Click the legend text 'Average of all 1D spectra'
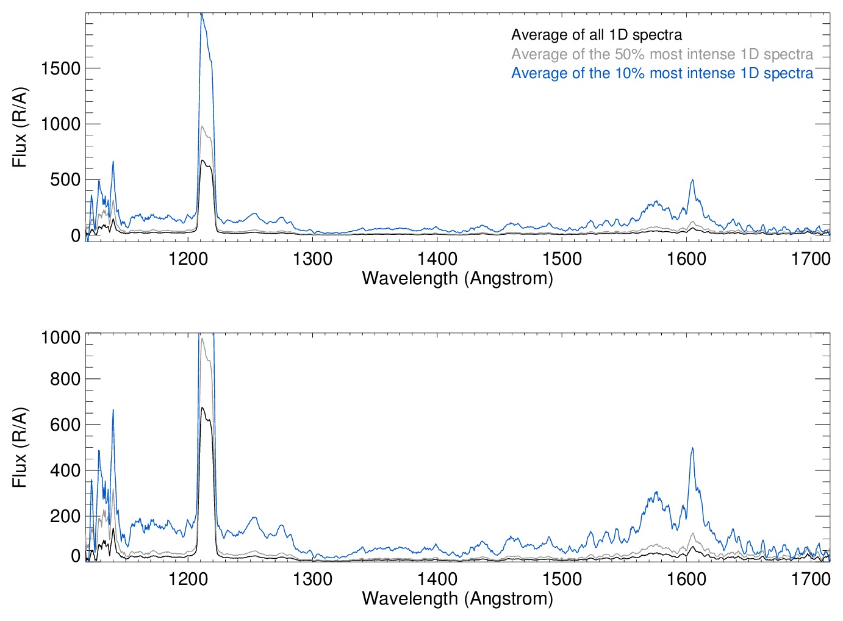click(x=596, y=35)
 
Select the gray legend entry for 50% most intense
click(x=662, y=54)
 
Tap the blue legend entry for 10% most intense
click(x=662, y=73)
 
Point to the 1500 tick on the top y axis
click(x=60, y=68)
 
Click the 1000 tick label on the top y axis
click(x=60, y=124)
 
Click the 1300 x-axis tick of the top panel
click(x=312, y=259)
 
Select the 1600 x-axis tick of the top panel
click(x=686, y=259)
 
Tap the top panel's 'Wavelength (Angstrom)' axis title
click(x=457, y=278)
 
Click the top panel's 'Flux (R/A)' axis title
click(x=20, y=127)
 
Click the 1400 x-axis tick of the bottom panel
click(x=437, y=579)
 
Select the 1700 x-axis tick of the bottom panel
click(x=811, y=579)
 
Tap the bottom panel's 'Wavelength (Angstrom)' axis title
click(x=457, y=598)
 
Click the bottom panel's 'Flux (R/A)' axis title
click(x=20, y=448)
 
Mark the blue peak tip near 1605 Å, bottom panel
click(x=692, y=448)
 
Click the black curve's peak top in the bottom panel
click(x=202, y=407)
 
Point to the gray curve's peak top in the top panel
click(x=203, y=126)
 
